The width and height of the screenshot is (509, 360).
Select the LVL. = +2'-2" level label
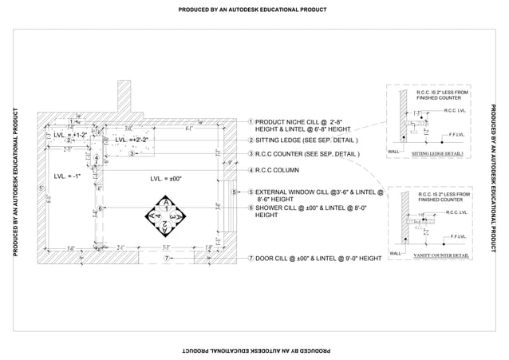coord(132,140)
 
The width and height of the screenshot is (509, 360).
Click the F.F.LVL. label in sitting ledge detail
coord(457,134)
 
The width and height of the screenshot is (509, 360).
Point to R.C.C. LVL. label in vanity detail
coord(457,212)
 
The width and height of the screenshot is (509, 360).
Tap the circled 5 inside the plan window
coord(234,192)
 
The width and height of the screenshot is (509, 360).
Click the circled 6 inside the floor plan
coord(101,209)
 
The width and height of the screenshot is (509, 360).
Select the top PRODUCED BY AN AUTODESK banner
coord(254,10)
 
